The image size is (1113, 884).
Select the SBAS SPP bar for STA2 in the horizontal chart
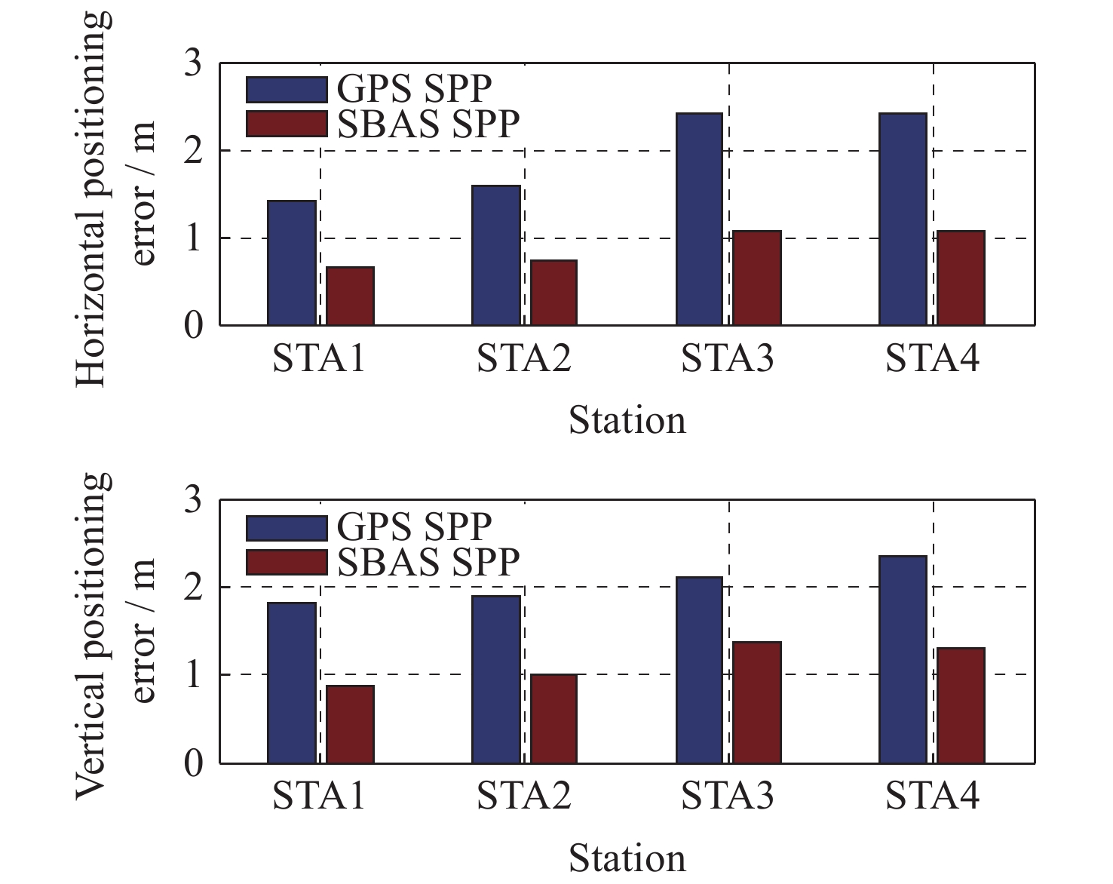553,293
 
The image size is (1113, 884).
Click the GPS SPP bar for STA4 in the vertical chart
903,659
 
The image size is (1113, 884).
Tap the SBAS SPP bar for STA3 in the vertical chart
757,702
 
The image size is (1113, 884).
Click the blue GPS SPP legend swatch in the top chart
287,89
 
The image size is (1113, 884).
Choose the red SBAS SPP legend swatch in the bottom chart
287,563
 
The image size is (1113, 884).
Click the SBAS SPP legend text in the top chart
428,124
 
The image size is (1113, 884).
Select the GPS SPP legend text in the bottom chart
414,526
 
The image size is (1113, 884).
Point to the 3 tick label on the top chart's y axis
193,63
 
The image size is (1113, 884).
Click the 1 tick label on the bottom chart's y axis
193,674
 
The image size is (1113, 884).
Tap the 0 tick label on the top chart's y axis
193,326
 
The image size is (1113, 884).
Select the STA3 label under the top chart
728,359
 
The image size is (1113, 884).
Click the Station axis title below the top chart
627,421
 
